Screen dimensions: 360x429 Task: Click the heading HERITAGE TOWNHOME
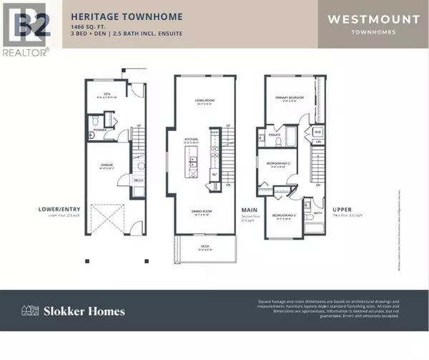126,16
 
